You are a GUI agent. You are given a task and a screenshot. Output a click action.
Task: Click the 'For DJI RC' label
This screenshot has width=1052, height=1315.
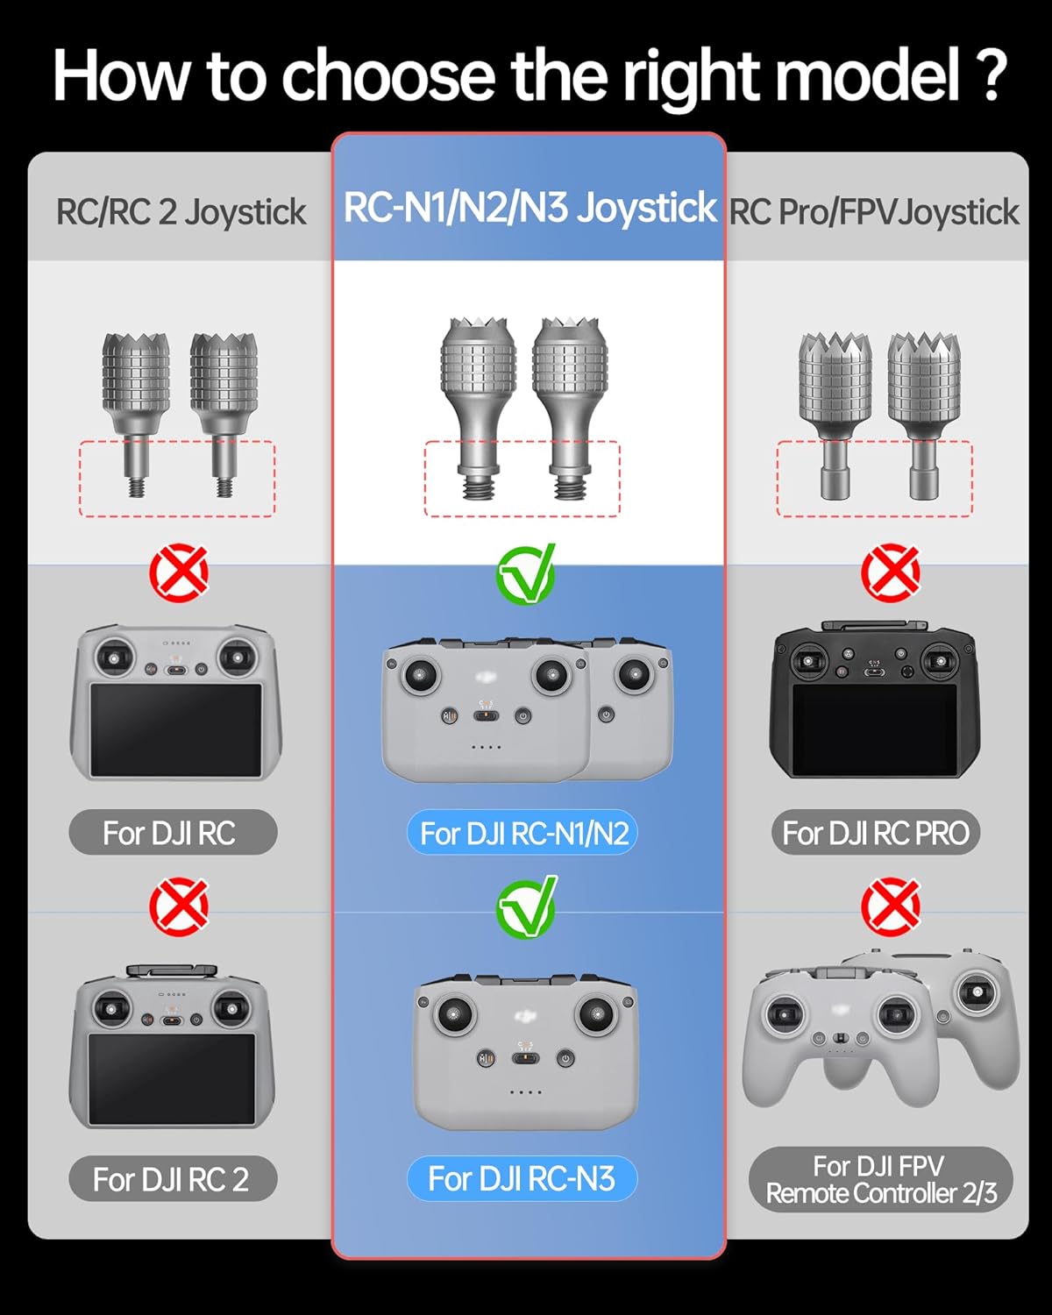[x=173, y=833]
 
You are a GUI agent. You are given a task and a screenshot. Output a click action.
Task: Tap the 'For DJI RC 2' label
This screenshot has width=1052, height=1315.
[x=173, y=1179]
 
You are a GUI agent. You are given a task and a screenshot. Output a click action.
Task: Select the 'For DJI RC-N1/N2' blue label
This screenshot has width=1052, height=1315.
[x=523, y=833]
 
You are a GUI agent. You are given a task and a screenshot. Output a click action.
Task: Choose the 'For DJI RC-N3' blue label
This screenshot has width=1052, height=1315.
[x=522, y=1178]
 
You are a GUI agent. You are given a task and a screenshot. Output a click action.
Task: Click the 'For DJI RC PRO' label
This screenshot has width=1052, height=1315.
[x=875, y=833]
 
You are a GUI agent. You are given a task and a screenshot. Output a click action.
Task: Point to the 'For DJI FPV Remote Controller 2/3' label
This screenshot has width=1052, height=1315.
[x=880, y=1179]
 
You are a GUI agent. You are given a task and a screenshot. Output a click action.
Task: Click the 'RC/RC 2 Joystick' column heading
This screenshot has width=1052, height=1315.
[x=181, y=212]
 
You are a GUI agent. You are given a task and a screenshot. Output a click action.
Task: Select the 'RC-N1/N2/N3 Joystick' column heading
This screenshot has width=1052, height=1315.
[x=530, y=209]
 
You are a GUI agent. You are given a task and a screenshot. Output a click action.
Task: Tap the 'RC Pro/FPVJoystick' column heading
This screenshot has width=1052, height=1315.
[x=874, y=212]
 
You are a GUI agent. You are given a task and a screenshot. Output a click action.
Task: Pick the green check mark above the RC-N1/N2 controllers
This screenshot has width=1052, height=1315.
[x=526, y=574]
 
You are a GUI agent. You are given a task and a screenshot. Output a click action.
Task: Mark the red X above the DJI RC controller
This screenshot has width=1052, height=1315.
[x=179, y=573]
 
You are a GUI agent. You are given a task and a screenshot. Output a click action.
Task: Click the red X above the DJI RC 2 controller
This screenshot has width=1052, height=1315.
[x=179, y=906]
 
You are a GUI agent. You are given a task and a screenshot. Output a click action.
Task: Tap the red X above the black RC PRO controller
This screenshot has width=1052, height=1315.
[x=891, y=573]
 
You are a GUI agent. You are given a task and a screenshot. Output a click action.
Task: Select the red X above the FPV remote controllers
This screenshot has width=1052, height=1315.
[x=891, y=906]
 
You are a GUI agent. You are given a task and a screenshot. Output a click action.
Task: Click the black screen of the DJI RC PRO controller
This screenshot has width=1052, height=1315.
[x=875, y=729]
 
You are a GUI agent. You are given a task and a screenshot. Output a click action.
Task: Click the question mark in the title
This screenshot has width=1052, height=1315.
[x=991, y=77]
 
